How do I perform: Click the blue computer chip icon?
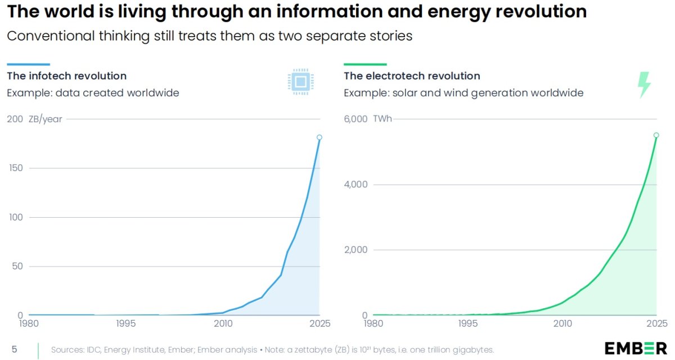(x=301, y=82)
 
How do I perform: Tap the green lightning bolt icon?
(x=644, y=85)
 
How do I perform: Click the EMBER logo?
(x=636, y=349)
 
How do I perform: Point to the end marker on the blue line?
(x=319, y=137)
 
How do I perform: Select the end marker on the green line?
(x=656, y=135)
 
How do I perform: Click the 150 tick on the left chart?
(x=16, y=168)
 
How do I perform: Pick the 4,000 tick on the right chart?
(x=355, y=184)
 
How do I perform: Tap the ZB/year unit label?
(x=45, y=119)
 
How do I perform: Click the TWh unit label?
(x=382, y=119)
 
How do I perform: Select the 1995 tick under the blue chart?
(x=125, y=323)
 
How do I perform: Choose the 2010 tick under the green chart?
(x=562, y=323)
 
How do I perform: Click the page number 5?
(x=14, y=349)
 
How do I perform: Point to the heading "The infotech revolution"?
(x=66, y=76)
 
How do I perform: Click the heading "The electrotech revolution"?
(x=412, y=76)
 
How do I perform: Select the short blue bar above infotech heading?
(x=28, y=64)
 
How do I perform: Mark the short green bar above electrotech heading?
(x=365, y=64)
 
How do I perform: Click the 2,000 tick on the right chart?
(x=355, y=249)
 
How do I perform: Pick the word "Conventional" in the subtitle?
(x=51, y=36)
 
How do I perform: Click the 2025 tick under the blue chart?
(x=320, y=323)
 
